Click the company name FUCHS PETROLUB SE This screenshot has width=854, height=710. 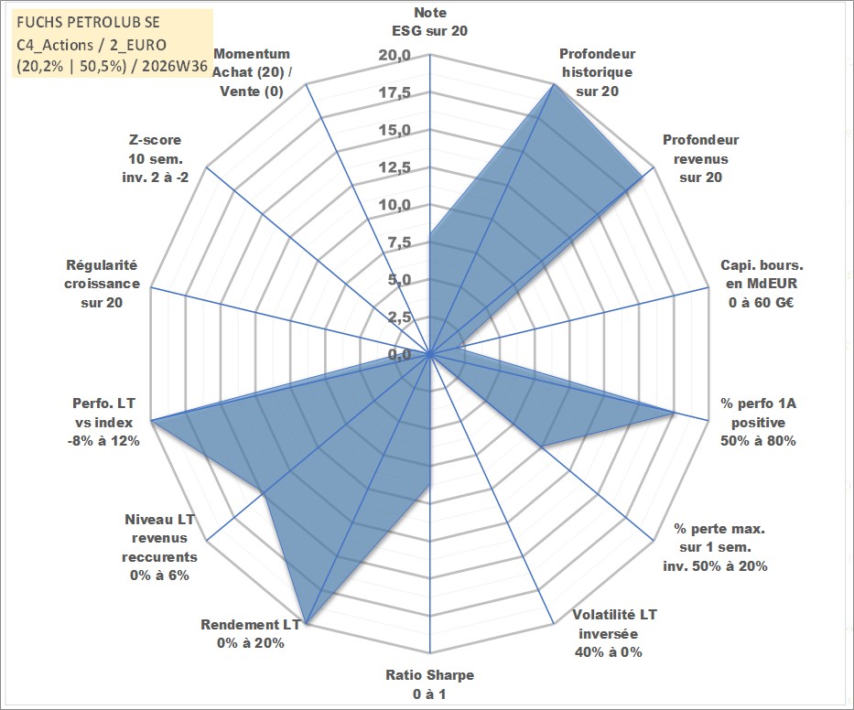click(x=88, y=22)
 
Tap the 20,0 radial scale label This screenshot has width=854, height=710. click(x=395, y=56)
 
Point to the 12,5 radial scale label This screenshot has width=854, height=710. click(x=395, y=167)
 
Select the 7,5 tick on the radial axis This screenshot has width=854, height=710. click(x=399, y=242)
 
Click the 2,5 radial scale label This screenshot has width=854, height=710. click(x=399, y=317)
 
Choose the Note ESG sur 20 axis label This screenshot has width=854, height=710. click(x=429, y=22)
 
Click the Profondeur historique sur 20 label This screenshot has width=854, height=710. click(x=598, y=72)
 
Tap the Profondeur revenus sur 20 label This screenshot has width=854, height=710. click(x=700, y=158)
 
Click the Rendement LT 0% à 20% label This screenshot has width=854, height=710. click(x=251, y=634)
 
